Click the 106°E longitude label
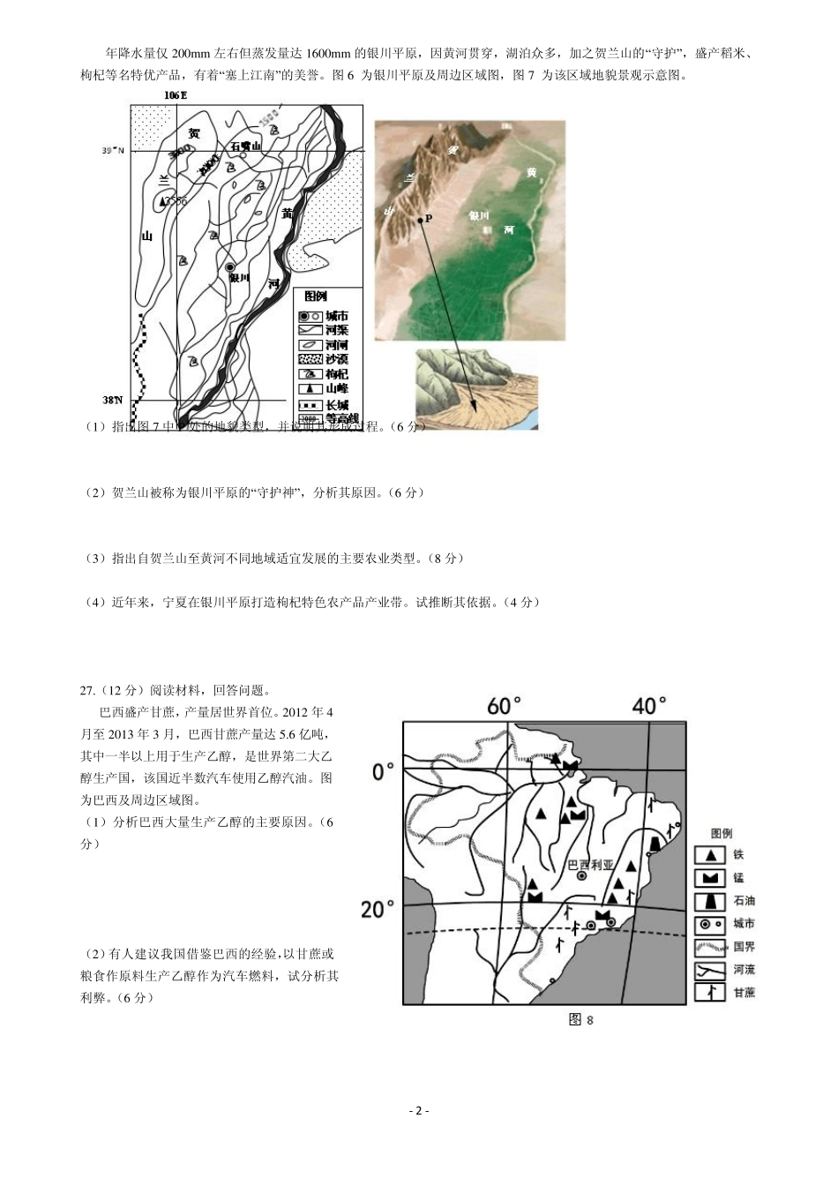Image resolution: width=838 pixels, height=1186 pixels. pos(176,94)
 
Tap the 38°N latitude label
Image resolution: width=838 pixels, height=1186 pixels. pos(112,400)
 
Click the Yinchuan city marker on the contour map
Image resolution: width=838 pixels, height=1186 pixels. pos(230,266)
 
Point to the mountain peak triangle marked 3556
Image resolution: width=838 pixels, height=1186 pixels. pos(161,202)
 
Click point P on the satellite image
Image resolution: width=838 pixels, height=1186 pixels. pos(422,218)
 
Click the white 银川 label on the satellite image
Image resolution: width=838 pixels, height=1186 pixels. pos(479,214)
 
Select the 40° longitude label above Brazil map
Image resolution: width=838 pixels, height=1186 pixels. pos(649,706)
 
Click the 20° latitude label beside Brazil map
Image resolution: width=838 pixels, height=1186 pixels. pos(378,908)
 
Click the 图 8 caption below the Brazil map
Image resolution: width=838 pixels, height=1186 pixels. pos(581,1020)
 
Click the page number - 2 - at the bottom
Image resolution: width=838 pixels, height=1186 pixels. pos(419,1110)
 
